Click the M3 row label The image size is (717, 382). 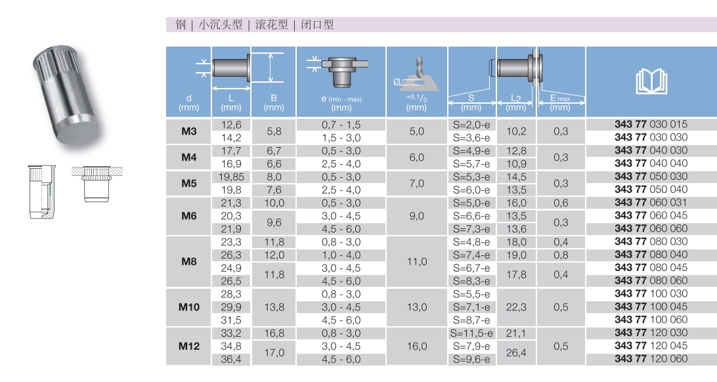(x=188, y=131)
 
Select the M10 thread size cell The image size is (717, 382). (x=189, y=307)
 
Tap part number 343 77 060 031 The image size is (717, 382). (x=651, y=202)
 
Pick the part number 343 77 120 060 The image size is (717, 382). (x=651, y=358)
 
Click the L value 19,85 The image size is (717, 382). (x=231, y=177)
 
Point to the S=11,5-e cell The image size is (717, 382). (x=471, y=333)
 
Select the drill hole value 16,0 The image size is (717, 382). (x=416, y=347)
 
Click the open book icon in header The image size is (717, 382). (x=651, y=81)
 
